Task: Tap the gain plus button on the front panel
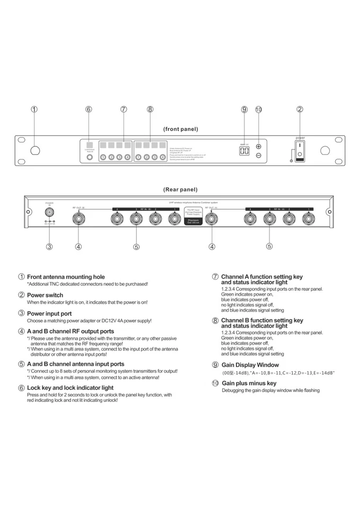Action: [259, 147]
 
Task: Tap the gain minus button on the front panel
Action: [259, 155]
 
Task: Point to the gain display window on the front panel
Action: [244, 151]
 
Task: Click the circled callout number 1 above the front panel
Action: [34, 109]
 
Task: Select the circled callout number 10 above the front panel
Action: [259, 109]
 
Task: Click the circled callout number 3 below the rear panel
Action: [49, 246]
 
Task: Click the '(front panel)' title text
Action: [180, 129]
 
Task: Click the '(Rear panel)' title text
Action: [180, 189]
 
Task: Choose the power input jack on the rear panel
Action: [49, 212]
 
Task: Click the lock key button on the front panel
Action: [90, 157]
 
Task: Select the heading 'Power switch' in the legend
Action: [45, 295]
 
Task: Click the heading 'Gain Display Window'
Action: [250, 365]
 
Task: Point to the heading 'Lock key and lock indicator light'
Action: [70, 388]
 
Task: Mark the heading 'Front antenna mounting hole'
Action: [66, 277]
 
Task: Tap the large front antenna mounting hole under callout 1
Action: [35, 151]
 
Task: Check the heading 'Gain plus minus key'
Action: [249, 383]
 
